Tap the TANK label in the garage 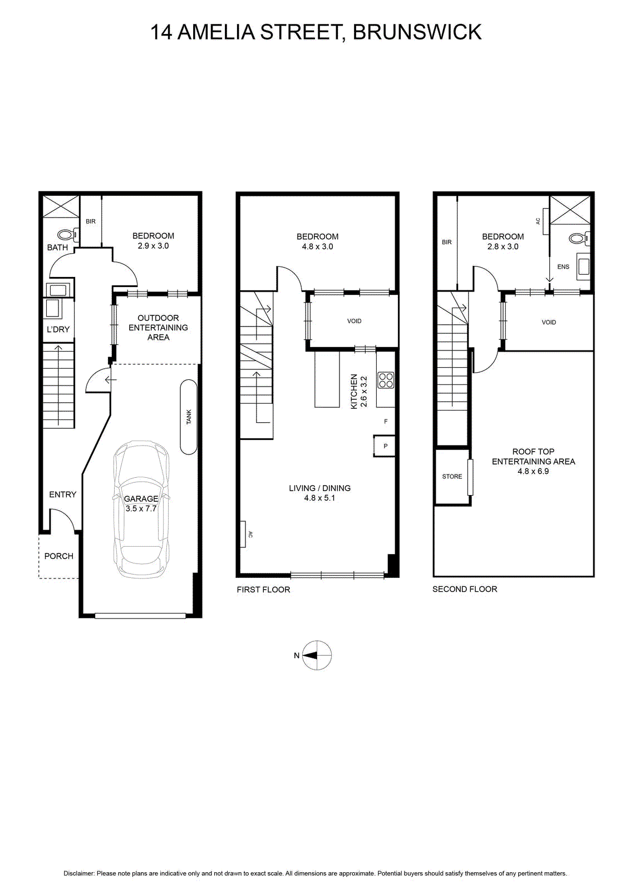(x=189, y=417)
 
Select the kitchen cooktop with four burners (x=386, y=379)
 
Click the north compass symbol (x=316, y=655)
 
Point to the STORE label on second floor (x=452, y=476)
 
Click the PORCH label (x=59, y=556)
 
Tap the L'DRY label (x=58, y=329)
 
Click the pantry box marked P (x=384, y=446)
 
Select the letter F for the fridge (x=386, y=421)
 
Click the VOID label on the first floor (x=354, y=321)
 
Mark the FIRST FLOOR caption (x=263, y=590)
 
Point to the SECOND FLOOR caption (x=465, y=589)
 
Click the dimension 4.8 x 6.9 (x=533, y=471)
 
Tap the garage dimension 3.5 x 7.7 (x=141, y=508)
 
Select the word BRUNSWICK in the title (x=417, y=32)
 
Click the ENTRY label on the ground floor (x=62, y=495)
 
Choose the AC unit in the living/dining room (x=243, y=534)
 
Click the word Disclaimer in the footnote (x=79, y=873)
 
